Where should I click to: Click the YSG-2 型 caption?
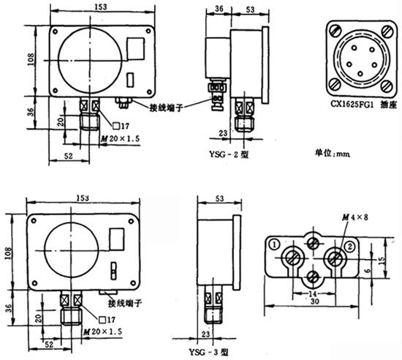229,154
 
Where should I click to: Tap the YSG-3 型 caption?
208,352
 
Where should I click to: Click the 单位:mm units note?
332,153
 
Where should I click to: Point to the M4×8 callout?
355,217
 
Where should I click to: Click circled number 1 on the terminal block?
275,244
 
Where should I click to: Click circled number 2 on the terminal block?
350,247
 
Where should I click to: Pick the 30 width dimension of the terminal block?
314,301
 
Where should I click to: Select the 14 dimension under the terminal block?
313,293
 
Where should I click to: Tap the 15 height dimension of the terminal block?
382,260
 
